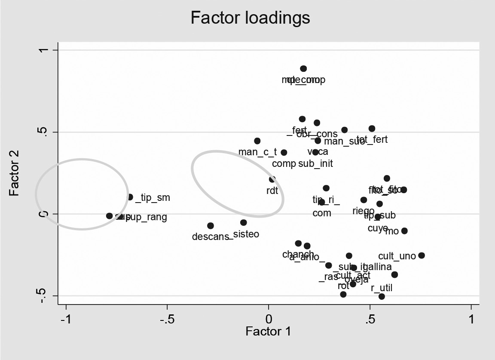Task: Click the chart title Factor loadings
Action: pos(250,18)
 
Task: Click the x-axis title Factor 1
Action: pos(268,332)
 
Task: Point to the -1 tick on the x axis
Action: pos(66,320)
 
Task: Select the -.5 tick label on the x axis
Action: pos(167,320)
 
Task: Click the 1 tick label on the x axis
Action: pos(471,320)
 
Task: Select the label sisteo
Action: pos(246,234)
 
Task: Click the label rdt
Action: pos(272,190)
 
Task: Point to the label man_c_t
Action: pos(257,152)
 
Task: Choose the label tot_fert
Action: pos(372,139)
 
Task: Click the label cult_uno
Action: pos(397,256)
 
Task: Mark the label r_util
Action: pos(382,288)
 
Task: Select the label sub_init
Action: pos(315,163)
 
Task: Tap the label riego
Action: pos(364,211)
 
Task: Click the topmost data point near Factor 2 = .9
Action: pos(303,68)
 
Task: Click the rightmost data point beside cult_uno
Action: pos(422,255)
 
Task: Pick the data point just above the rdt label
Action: pos(272,179)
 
